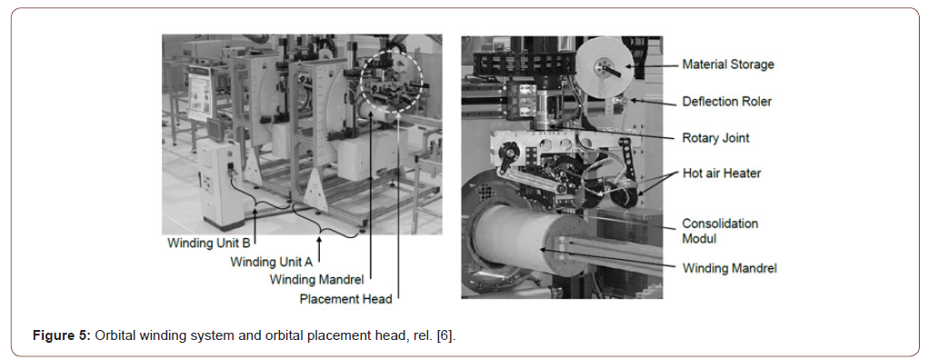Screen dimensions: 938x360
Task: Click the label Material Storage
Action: (x=728, y=65)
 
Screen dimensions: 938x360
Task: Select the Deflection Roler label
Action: (x=726, y=101)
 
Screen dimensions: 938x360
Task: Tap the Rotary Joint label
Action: (x=715, y=138)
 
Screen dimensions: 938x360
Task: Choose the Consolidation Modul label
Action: (x=720, y=230)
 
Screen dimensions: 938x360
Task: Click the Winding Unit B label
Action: (x=208, y=244)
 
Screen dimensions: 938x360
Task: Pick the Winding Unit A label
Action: (x=272, y=262)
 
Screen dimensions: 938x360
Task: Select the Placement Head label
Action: (x=345, y=297)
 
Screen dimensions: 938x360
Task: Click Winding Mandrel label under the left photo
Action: (x=317, y=280)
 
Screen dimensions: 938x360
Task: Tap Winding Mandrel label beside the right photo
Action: (x=730, y=268)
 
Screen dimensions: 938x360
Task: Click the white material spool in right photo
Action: (x=604, y=67)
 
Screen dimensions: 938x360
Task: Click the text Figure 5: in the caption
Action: (x=60, y=336)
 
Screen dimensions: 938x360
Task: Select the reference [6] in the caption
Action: (x=444, y=336)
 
